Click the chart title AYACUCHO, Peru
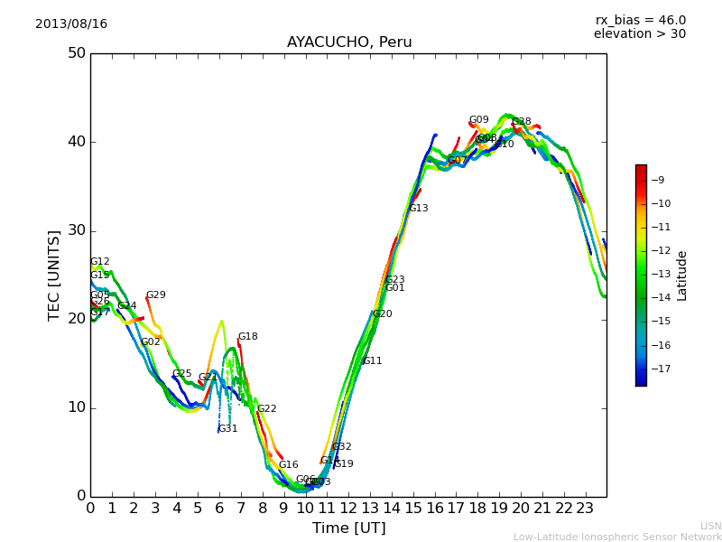[x=349, y=42]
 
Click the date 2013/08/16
[x=71, y=24]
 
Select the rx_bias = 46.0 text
[x=640, y=21]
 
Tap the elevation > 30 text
[x=639, y=34]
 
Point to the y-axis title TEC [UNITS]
[x=54, y=275]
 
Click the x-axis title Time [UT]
[x=349, y=528]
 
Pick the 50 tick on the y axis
[x=76, y=53]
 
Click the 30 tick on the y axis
[x=76, y=230]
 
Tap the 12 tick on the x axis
[x=348, y=508]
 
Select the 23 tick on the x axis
[x=586, y=508]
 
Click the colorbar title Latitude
[x=682, y=276]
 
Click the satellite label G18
[x=247, y=337]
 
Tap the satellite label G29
[x=156, y=295]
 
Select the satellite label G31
[x=228, y=429]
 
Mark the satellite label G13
[x=418, y=209]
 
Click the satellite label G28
[x=522, y=122]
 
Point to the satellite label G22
[x=267, y=409]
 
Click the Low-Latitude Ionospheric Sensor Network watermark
[x=617, y=537]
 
